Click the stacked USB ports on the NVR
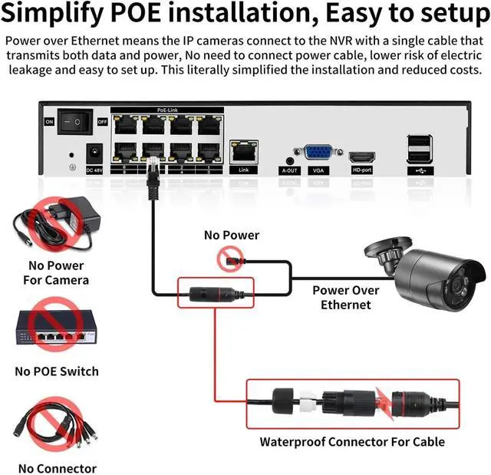(x=420, y=147)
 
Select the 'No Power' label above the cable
(x=231, y=235)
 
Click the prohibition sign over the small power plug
(x=231, y=259)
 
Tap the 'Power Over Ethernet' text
(x=345, y=298)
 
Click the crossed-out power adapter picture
(x=58, y=223)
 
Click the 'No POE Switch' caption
(x=57, y=371)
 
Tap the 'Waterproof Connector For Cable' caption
(x=352, y=441)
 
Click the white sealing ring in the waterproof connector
(x=308, y=402)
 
